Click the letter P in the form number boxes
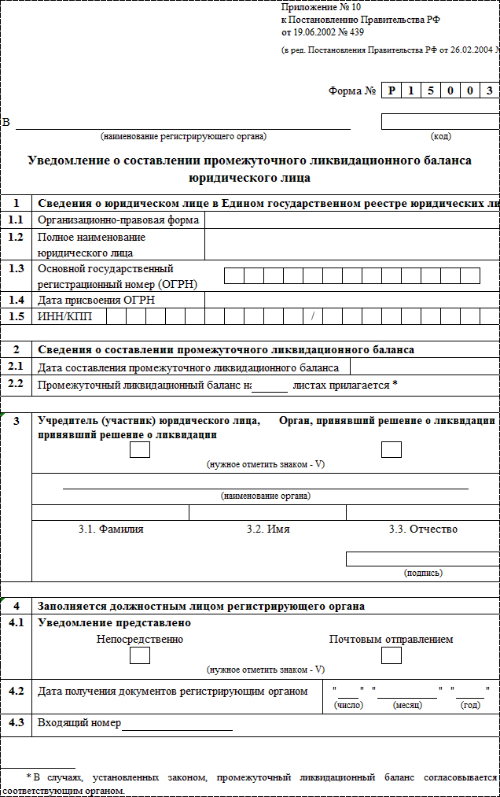(391, 91)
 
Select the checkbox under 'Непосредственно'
(139, 655)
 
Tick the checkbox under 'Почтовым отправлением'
(391, 655)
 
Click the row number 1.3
(16, 268)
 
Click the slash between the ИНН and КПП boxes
(312, 317)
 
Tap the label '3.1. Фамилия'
(111, 529)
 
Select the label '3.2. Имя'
(268, 529)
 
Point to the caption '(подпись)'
(423, 573)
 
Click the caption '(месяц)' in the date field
(406, 705)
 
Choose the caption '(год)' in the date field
(470, 705)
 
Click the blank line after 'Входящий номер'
(177, 724)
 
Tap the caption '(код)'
(441, 136)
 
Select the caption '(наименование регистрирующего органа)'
(183, 136)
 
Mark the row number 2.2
(16, 384)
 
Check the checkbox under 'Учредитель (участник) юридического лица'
(140, 449)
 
